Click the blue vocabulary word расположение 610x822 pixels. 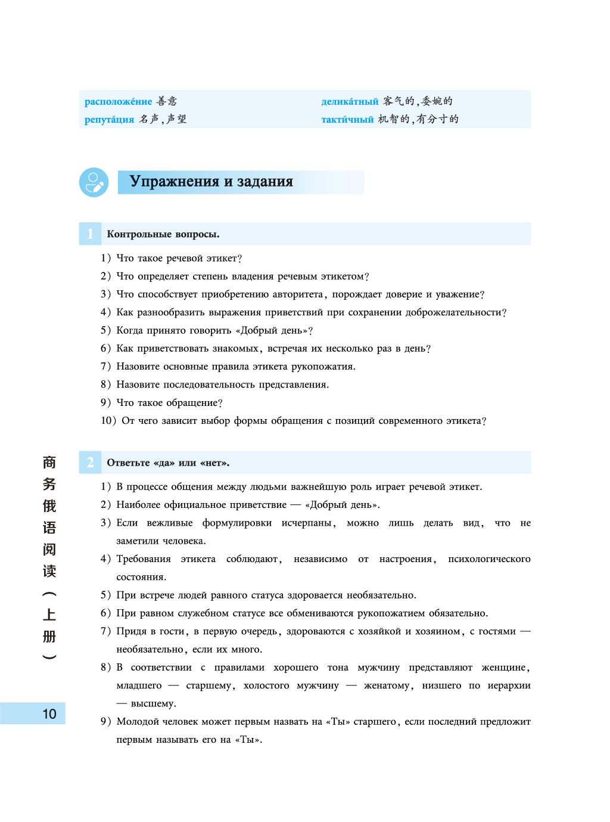tap(118, 102)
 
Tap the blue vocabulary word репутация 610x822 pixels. tap(109, 119)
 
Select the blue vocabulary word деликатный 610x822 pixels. tap(350, 102)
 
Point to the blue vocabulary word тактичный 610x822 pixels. tap(347, 119)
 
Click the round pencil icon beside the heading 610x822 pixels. tap(94, 182)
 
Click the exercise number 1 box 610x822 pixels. tap(90, 234)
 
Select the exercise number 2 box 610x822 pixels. tap(90, 463)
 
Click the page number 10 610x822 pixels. tap(49, 714)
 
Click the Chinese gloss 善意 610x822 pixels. tap(166, 102)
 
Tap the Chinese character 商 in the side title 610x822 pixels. tap(49, 461)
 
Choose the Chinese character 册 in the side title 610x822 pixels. tap(49, 636)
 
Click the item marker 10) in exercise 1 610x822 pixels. tap(108, 421)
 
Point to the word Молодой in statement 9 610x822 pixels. tap(136, 722)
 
